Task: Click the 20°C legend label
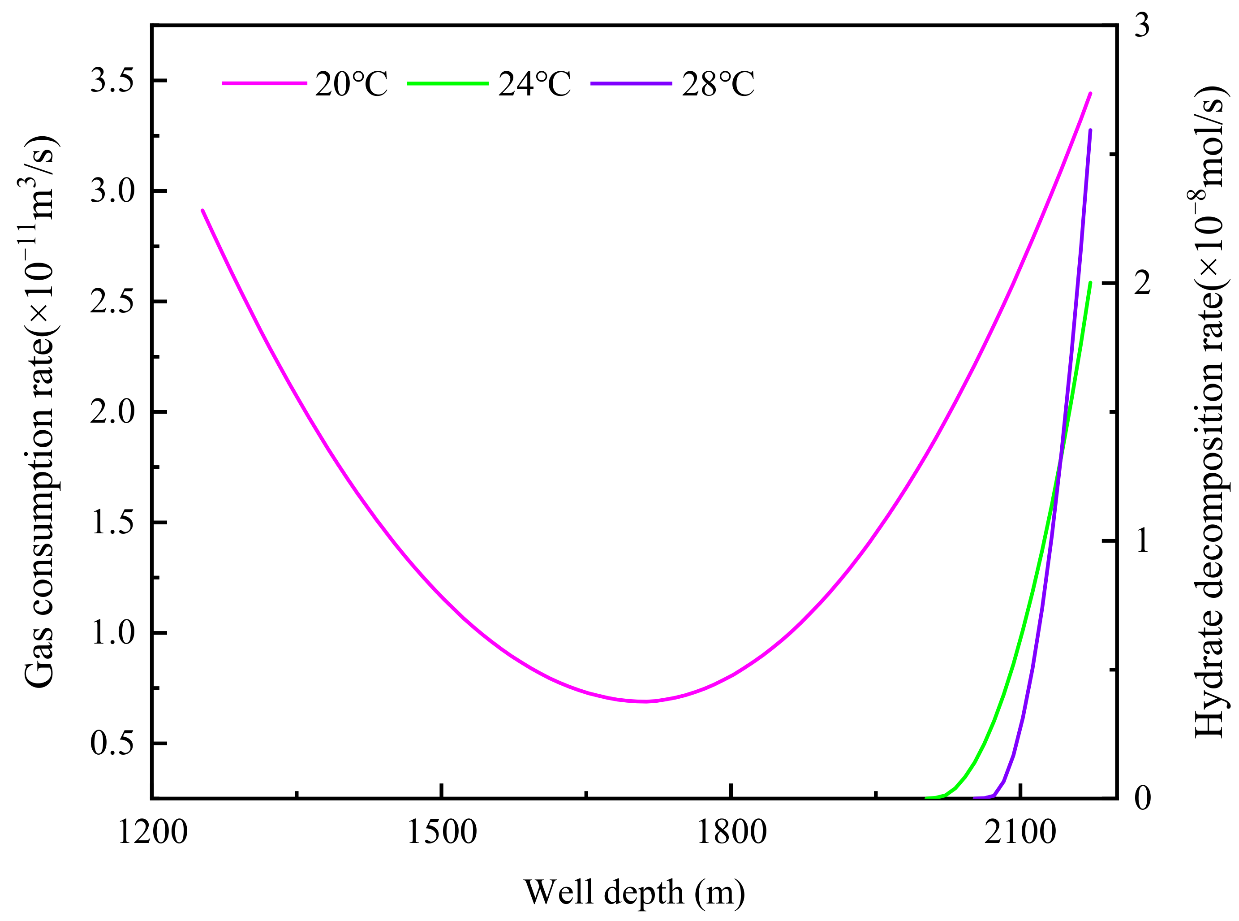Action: [x=352, y=85]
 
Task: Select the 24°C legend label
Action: [x=535, y=85]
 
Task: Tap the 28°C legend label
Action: [x=718, y=85]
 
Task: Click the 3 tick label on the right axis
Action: [x=1142, y=26]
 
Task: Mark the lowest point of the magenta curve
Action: [x=645, y=701]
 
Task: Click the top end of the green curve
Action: [x=1090, y=283]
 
